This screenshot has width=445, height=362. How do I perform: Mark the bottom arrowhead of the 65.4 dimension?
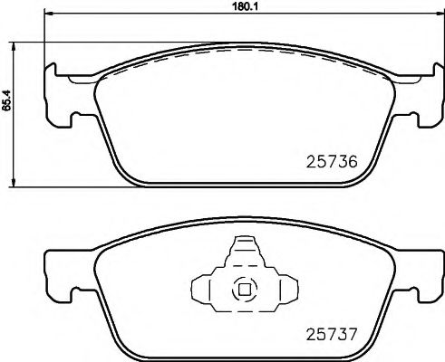coord(20,185)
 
